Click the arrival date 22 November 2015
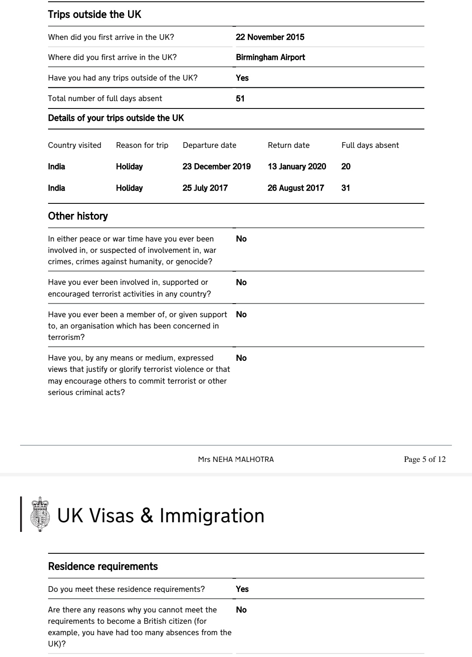(270, 37)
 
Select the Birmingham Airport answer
(271, 57)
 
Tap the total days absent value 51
(240, 98)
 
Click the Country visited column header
(75, 145)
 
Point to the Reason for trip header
(142, 145)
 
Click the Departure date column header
(209, 145)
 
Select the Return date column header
(288, 145)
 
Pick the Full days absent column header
(370, 145)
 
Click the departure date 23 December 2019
(217, 167)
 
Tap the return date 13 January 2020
(297, 167)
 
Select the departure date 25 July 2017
(205, 188)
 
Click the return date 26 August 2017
(296, 188)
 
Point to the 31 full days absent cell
(346, 188)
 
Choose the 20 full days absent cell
(346, 167)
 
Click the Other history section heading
(78, 216)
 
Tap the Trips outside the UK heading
(94, 14)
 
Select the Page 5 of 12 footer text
(425, 459)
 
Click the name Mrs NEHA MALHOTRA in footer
(236, 459)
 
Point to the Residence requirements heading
(103, 566)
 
